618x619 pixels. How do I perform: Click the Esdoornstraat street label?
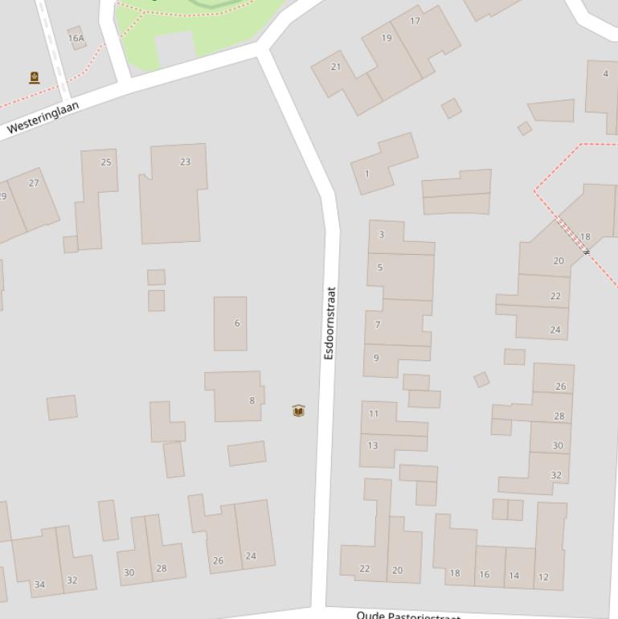(329, 322)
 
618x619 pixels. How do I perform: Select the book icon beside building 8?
(298, 411)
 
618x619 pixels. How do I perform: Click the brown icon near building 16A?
(35, 78)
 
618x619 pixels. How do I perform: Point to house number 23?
(185, 162)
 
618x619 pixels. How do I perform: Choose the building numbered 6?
(237, 323)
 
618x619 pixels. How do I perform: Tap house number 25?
(106, 162)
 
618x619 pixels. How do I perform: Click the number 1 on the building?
(367, 174)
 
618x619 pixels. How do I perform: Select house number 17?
(415, 21)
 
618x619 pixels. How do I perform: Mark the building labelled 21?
(336, 67)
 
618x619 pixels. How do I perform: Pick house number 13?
(373, 445)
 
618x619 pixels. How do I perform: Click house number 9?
(376, 358)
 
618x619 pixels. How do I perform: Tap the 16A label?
(76, 38)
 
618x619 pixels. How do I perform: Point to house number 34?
(39, 584)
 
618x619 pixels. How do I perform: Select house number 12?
(543, 576)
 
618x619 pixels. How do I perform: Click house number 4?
(605, 74)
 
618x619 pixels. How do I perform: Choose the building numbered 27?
(34, 183)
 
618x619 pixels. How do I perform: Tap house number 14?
(514, 576)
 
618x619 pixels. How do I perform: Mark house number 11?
(374, 413)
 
